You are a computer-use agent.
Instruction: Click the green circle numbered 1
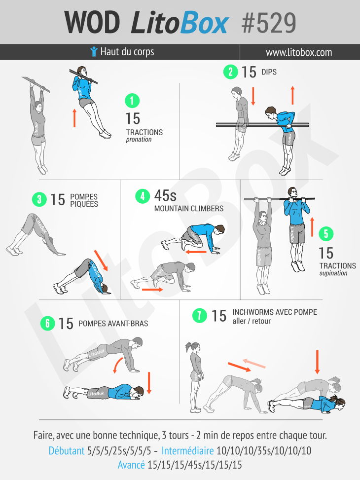[x=132, y=101]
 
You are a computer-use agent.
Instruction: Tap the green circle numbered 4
[x=143, y=196]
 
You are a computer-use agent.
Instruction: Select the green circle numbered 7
[x=200, y=315]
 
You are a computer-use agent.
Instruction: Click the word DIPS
[x=269, y=72]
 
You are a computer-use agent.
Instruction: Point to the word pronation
[x=139, y=140]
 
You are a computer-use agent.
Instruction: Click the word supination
[x=333, y=273]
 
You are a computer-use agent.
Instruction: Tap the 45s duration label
[x=165, y=196]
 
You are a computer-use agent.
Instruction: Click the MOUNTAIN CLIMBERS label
[x=189, y=209]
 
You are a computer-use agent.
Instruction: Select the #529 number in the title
[x=268, y=23]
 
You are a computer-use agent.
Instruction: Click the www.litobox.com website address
[x=299, y=52]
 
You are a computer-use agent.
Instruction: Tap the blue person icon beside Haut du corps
[x=94, y=51]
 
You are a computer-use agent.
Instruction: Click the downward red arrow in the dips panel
[x=253, y=96]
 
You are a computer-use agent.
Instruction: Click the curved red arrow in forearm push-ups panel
[x=117, y=365]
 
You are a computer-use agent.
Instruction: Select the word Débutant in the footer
[x=67, y=450]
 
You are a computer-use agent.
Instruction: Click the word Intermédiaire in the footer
[x=187, y=450]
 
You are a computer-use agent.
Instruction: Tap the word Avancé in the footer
[x=131, y=465]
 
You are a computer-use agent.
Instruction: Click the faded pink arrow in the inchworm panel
[x=254, y=363]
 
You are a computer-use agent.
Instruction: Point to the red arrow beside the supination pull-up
[x=312, y=227]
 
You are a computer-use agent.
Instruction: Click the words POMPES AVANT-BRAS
[x=113, y=324]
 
